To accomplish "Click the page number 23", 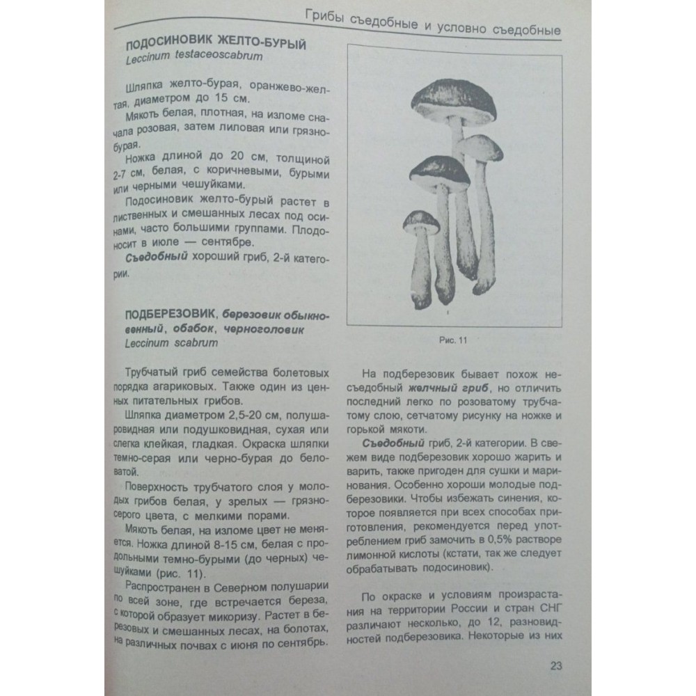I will point(556,665).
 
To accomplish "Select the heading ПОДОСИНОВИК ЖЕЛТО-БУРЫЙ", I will point(216,45).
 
